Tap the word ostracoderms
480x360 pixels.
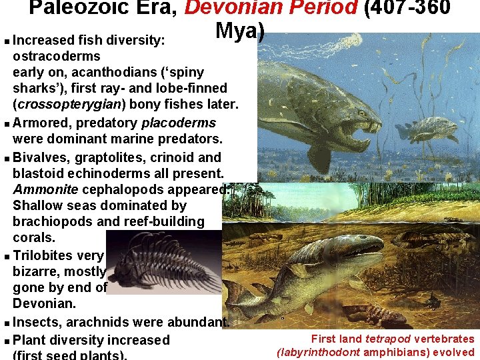click(x=57, y=56)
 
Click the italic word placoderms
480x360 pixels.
click(x=179, y=123)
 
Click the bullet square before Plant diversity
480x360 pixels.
click(x=6, y=341)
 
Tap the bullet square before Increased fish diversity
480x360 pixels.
click(x=6, y=41)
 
